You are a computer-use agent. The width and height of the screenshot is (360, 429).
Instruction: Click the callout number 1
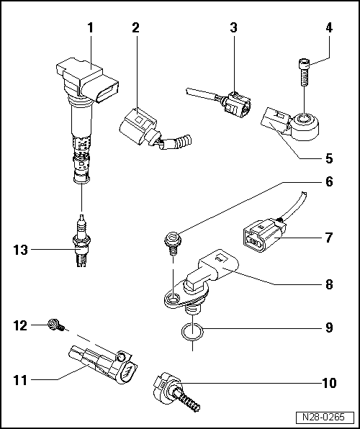click(91, 29)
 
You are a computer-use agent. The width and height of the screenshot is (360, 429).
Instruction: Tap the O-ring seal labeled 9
click(192, 332)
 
